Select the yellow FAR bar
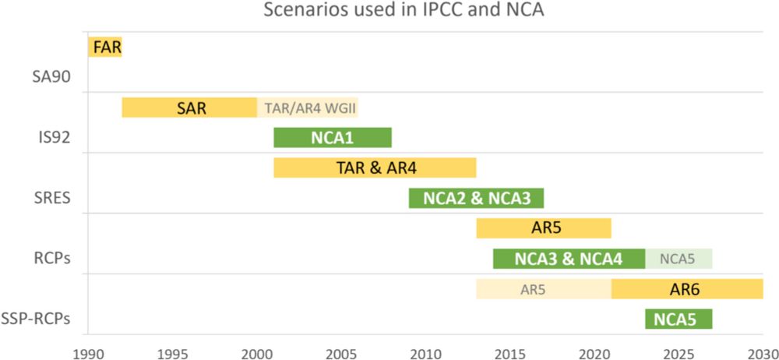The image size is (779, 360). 105,47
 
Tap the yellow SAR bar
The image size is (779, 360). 189,108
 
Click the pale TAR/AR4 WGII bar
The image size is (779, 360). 308,108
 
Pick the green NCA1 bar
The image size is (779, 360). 333,137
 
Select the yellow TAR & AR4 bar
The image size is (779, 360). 375,167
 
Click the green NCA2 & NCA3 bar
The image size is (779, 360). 476,198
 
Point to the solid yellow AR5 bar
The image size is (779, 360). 544,228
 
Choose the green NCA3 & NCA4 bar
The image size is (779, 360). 569,258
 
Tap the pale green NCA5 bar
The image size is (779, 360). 679,258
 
